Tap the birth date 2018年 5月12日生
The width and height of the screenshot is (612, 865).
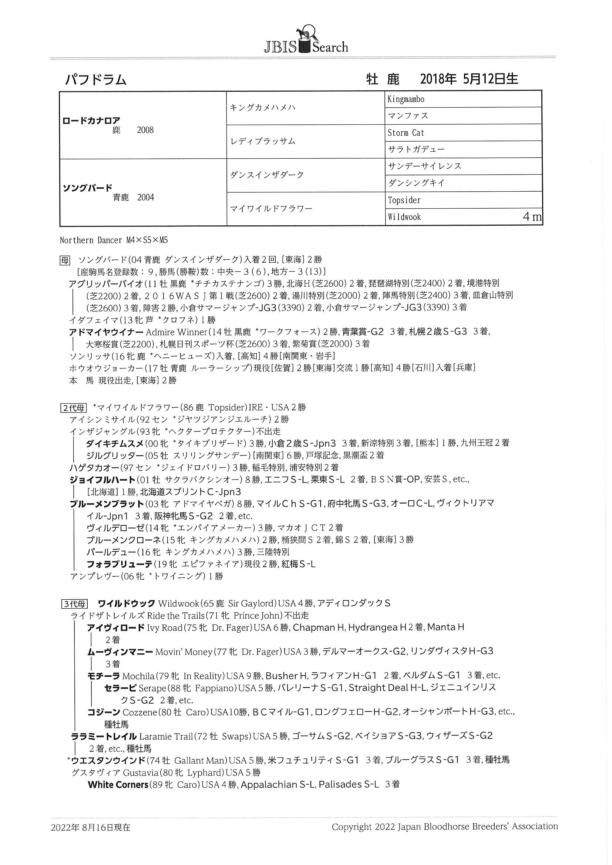[469, 79]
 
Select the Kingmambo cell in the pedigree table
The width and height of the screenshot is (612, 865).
[406, 100]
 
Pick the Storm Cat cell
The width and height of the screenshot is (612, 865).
[406, 133]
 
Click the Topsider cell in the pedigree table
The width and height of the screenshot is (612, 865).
[404, 201]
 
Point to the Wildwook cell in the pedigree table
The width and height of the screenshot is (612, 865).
[404, 217]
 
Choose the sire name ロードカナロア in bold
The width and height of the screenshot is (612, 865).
[91, 121]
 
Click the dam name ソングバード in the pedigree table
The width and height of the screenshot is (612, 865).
[87, 188]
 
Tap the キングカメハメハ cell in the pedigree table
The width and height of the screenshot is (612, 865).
[263, 108]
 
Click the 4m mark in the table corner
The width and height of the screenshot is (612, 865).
[532, 217]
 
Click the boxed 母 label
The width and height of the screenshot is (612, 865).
[65, 260]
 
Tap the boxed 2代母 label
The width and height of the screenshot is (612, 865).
[74, 408]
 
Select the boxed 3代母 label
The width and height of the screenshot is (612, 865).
[74, 604]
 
